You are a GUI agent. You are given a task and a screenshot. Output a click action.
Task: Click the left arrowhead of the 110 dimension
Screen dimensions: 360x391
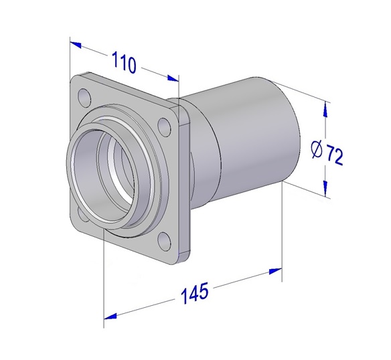coord(76,44)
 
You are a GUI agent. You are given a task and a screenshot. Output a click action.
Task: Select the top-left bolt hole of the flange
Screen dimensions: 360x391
coord(84,97)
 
